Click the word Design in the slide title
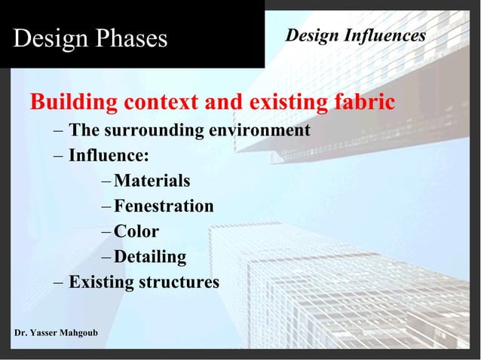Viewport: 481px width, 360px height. click(x=47, y=38)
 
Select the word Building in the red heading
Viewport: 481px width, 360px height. click(x=73, y=102)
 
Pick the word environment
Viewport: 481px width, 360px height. click(x=260, y=130)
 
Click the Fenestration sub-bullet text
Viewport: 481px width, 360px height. click(x=164, y=206)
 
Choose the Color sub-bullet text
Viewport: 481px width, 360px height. click(x=136, y=232)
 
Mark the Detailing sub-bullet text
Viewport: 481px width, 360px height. click(x=150, y=258)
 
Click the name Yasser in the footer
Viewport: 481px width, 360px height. click(x=49, y=333)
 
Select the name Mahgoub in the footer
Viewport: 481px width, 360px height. click(x=89, y=333)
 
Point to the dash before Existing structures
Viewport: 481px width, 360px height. click(x=59, y=283)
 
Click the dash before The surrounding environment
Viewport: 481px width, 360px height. click(x=59, y=130)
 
